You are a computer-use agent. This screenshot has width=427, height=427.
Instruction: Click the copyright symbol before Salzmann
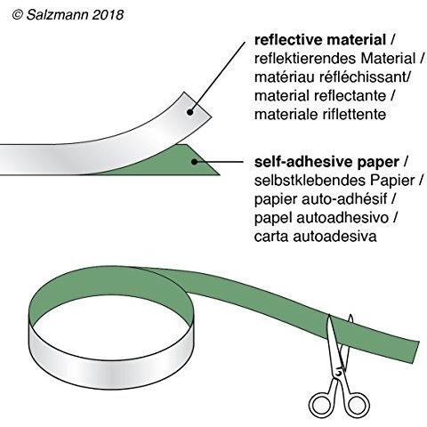(18, 15)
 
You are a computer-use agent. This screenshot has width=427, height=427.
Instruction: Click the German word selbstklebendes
(307, 181)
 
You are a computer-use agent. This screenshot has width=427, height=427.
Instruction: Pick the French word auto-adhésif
(344, 199)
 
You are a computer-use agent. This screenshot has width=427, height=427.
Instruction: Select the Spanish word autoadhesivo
(342, 218)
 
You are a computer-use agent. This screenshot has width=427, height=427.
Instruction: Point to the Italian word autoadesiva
(334, 237)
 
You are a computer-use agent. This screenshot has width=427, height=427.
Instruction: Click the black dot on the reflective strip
(190, 112)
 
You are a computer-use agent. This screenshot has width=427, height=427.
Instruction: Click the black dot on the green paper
(194, 162)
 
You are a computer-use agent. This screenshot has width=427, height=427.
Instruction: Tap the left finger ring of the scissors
(320, 404)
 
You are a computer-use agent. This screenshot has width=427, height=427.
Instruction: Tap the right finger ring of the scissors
(358, 405)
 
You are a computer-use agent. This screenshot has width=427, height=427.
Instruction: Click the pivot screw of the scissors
(339, 371)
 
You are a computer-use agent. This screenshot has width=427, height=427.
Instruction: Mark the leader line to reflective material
(218, 77)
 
